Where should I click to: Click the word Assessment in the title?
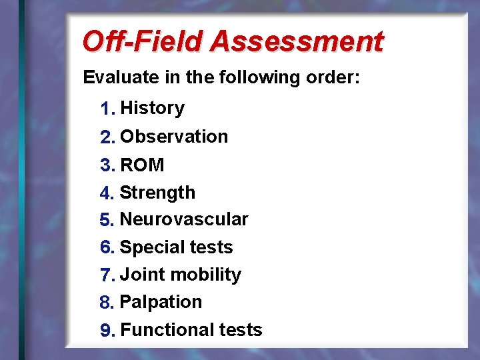pyautogui.click(x=297, y=41)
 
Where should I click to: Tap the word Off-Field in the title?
pyautogui.click(x=142, y=41)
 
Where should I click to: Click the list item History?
pyautogui.click(x=153, y=108)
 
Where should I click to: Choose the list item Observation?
pyautogui.click(x=174, y=137)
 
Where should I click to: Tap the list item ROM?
pyautogui.click(x=142, y=165)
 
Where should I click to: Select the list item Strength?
pyautogui.click(x=157, y=193)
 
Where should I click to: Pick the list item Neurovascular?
pyautogui.click(x=184, y=219)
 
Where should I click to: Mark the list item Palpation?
pyautogui.click(x=161, y=302)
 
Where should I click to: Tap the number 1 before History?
pyautogui.click(x=105, y=109)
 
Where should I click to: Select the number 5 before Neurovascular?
pyautogui.click(x=105, y=220)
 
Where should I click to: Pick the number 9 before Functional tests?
pyautogui.click(x=105, y=331)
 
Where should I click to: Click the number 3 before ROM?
pyautogui.click(x=105, y=165)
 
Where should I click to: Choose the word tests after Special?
pyautogui.click(x=210, y=247)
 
